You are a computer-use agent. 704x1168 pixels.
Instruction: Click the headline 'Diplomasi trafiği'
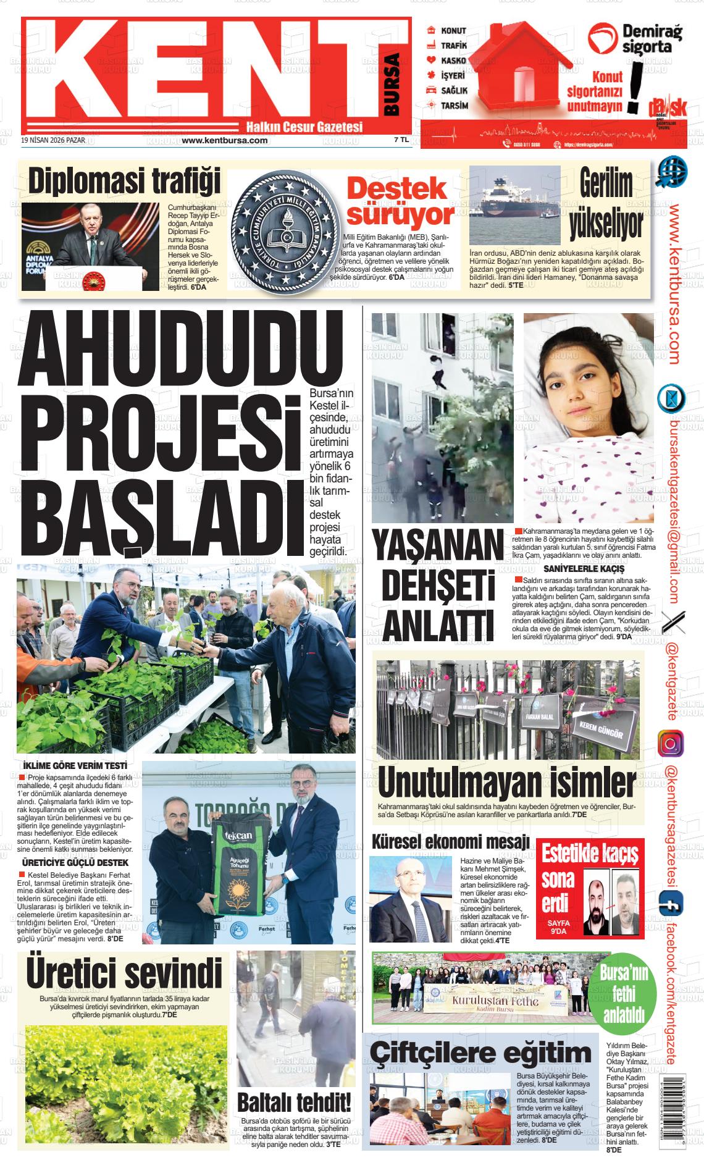click(x=124, y=182)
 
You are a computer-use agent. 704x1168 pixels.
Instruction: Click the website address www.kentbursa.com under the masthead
click(x=225, y=140)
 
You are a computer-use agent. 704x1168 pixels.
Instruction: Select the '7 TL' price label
click(x=401, y=140)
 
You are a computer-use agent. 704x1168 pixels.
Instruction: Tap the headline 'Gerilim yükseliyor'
click(x=606, y=203)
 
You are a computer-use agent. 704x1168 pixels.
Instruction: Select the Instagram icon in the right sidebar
click(x=670, y=742)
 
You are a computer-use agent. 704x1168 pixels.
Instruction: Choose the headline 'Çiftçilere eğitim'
click(x=480, y=1052)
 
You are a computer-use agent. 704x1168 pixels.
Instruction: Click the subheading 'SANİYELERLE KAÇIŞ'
click(x=584, y=568)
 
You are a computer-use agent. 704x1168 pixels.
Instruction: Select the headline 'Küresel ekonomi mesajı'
click(x=450, y=841)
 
